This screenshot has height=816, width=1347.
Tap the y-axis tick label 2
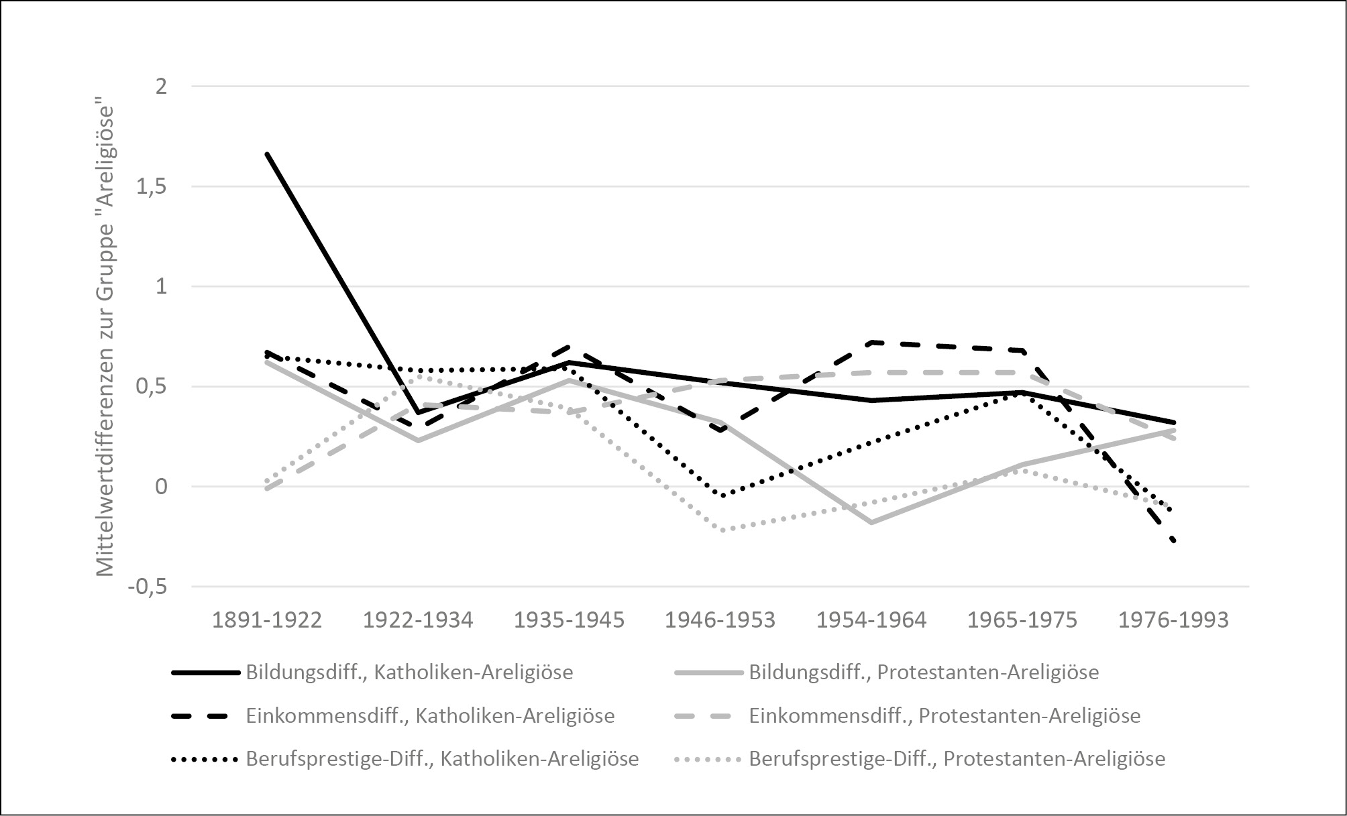(x=161, y=86)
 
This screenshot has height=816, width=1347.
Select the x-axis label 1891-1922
(x=267, y=620)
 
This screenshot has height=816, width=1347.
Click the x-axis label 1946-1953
(x=720, y=620)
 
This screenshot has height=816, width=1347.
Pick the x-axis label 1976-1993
(x=1173, y=620)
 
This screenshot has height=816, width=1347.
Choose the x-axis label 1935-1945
(x=569, y=620)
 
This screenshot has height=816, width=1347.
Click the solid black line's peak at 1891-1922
(x=268, y=154)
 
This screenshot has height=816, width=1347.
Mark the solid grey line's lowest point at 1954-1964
(x=871, y=522)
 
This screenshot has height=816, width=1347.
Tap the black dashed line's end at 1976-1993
(x=1173, y=540)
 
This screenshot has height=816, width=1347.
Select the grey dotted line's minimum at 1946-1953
(x=721, y=530)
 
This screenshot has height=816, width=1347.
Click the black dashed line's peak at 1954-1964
(x=871, y=343)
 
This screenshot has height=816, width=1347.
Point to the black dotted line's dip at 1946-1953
(x=721, y=496)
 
